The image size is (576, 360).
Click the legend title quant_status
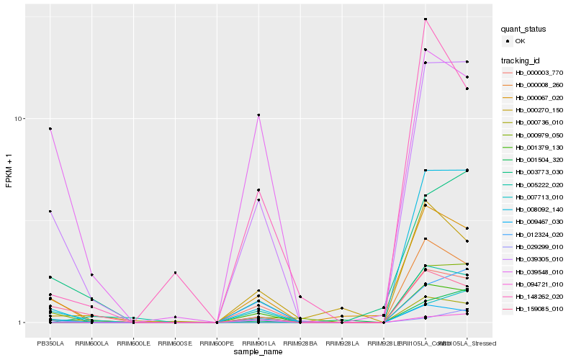pos(524,29)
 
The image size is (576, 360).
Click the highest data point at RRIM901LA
pos(258,115)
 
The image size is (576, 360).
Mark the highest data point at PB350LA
pos(50,129)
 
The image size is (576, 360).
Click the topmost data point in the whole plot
pos(426,19)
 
